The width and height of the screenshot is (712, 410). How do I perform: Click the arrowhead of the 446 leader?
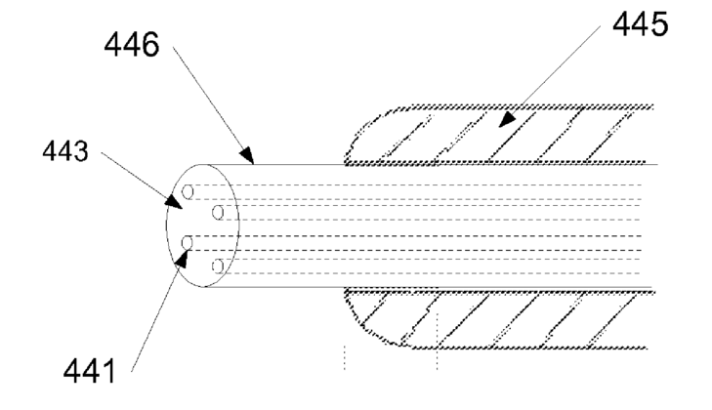pyautogui.click(x=247, y=156)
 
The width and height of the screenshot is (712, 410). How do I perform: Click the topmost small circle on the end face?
pyautogui.click(x=188, y=191)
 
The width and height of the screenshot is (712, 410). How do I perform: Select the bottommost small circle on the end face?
pyautogui.click(x=218, y=266)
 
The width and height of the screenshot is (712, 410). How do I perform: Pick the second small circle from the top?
pyautogui.click(x=218, y=212)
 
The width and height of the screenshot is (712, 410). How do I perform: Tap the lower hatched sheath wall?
pyautogui.click(x=508, y=318)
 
